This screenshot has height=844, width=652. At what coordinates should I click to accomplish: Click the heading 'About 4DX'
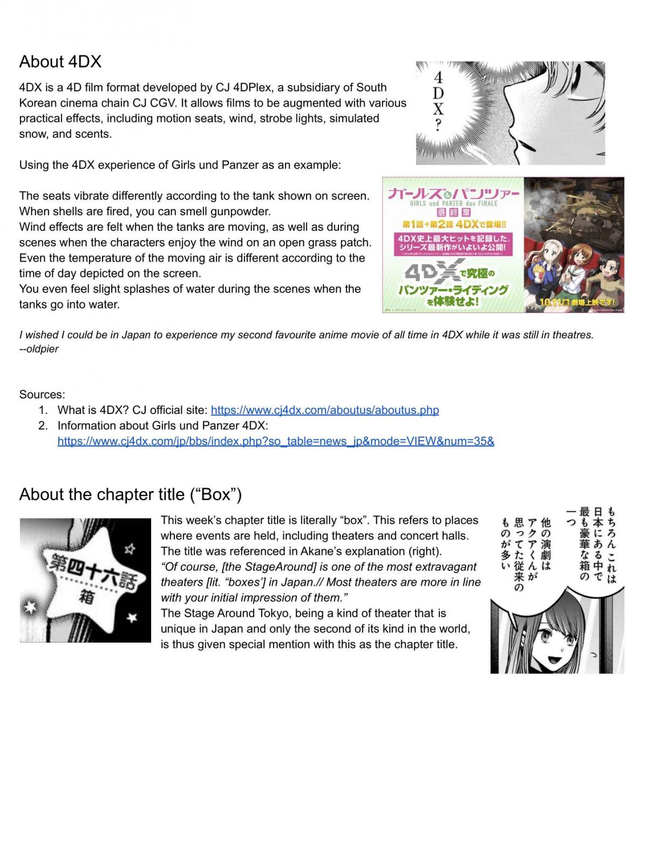pos(60,62)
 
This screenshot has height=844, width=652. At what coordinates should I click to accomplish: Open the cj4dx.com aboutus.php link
pos(324,410)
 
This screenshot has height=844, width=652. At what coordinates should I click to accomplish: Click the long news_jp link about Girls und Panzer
pos(275,441)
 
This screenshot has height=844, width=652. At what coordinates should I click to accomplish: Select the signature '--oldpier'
pos(39,349)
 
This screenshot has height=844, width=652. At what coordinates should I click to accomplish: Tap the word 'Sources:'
pos(42,394)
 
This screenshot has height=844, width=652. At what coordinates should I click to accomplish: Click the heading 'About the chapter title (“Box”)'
pos(130,494)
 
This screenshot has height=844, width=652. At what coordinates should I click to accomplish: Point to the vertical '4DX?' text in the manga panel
pos(438,101)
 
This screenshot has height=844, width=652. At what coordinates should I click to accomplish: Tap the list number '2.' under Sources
pos(43,426)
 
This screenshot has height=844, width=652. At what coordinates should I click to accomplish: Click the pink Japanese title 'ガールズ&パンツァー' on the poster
pos(453,193)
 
